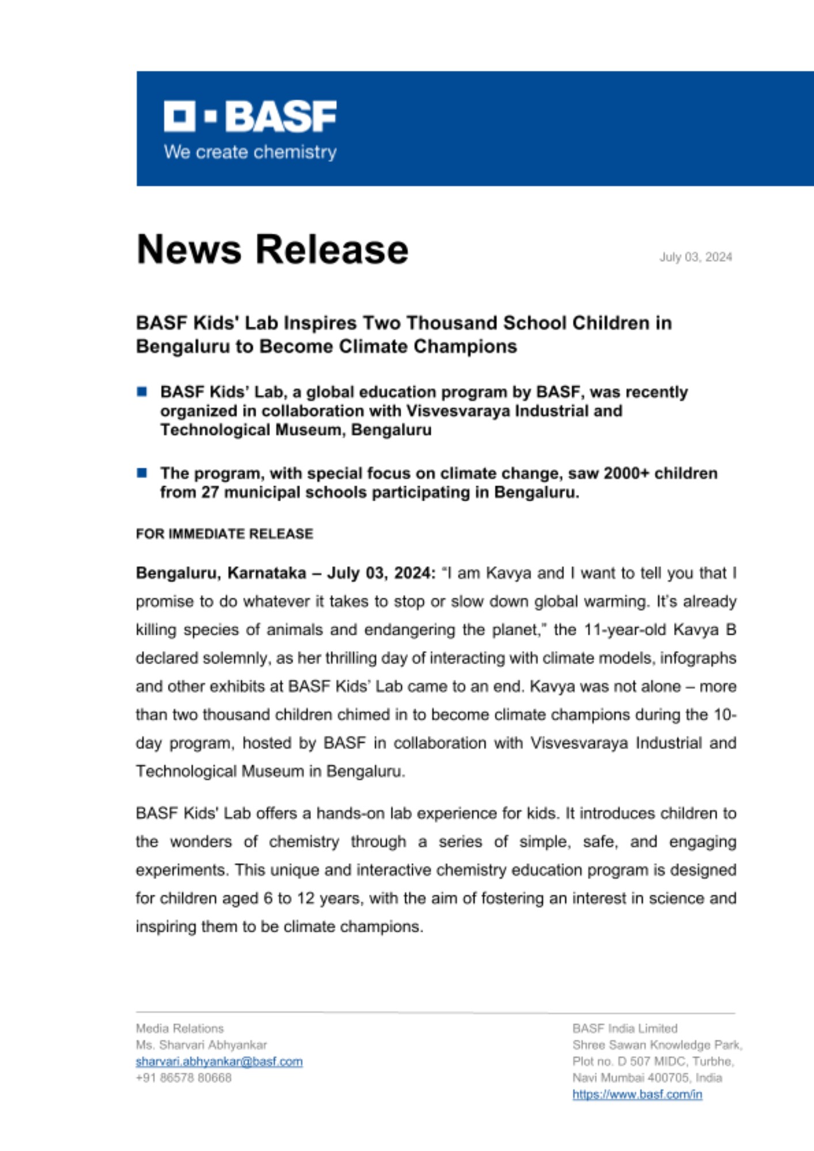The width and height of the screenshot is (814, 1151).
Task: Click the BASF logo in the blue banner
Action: [250, 117]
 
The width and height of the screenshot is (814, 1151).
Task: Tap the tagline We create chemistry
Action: [250, 153]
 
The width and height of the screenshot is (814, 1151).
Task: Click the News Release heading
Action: [272, 250]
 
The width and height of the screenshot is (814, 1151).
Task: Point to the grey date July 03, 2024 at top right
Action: [695, 257]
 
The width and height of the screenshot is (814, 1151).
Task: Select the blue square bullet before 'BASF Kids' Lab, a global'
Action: [142, 392]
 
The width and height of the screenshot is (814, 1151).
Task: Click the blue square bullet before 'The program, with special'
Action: [142, 473]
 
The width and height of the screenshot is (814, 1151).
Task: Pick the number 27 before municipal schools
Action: [210, 493]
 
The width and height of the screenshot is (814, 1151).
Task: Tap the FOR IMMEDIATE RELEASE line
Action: [225, 534]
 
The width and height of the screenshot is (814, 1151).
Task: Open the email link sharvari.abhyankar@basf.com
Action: [219, 1062]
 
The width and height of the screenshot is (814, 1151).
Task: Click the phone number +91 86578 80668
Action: [184, 1078]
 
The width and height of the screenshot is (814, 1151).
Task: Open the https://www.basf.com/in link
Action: [637, 1095]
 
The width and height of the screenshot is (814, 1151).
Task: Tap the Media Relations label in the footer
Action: [180, 1028]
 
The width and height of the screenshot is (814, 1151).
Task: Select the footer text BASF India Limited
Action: [625, 1028]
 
